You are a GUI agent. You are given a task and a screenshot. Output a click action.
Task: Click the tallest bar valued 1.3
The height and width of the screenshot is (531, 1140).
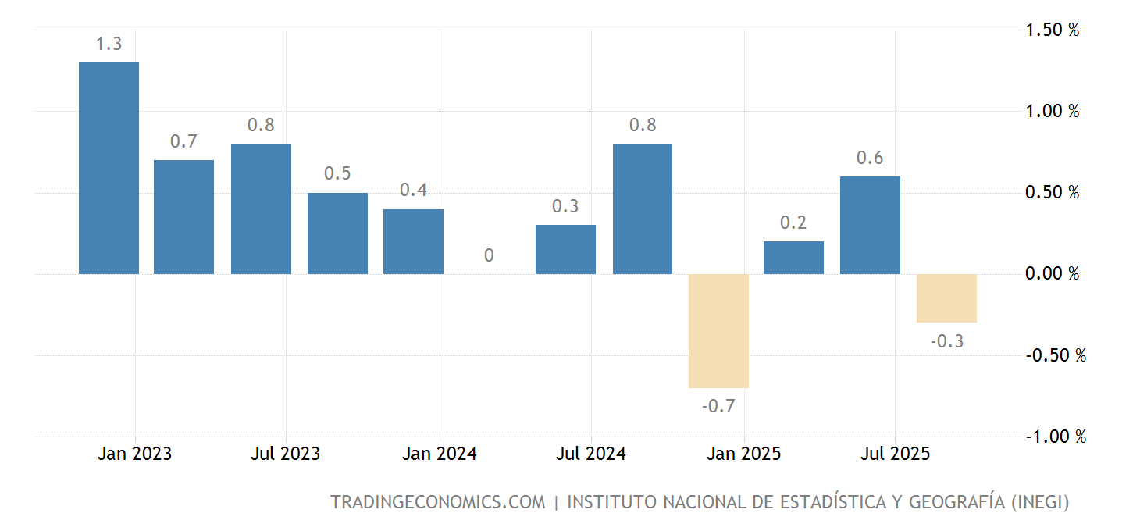click(109, 168)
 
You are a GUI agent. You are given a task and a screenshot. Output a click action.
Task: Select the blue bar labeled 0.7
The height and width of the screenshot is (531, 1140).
click(183, 217)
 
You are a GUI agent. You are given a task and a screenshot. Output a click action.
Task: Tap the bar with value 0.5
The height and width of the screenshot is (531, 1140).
click(337, 233)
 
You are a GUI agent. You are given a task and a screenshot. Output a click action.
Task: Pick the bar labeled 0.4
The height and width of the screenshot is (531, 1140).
click(413, 241)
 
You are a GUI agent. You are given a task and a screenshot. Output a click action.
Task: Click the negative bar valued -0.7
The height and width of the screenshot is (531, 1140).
click(718, 331)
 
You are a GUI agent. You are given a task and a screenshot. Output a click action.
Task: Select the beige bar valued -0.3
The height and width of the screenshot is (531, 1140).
click(946, 298)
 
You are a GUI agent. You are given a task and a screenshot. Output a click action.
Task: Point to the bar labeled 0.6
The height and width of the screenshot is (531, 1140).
click(870, 225)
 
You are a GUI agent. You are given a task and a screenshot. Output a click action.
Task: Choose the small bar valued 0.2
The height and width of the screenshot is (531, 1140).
click(793, 258)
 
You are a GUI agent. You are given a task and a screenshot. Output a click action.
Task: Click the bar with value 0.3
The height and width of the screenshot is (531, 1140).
click(565, 249)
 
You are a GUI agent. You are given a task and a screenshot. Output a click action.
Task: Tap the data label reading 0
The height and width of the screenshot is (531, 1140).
click(489, 255)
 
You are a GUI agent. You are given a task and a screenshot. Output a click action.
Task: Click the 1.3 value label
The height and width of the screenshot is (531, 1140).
click(109, 45)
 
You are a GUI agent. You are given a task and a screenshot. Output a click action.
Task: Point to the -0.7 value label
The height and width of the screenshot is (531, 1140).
click(718, 406)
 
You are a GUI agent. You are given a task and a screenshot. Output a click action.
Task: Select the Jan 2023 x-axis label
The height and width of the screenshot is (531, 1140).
click(134, 454)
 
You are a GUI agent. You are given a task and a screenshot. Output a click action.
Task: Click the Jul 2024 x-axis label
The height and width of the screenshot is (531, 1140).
click(591, 454)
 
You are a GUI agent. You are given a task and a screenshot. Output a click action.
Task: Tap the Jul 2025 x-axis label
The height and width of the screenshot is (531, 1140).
click(895, 454)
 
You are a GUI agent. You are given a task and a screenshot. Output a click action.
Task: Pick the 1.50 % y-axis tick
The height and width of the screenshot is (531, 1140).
click(1052, 30)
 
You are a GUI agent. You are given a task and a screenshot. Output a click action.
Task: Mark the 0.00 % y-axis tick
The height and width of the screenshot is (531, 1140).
click(1052, 273)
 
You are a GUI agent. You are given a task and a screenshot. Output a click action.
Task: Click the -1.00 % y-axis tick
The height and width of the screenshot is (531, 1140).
click(1055, 437)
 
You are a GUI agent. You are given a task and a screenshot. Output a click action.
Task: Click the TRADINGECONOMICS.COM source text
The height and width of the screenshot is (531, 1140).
click(437, 502)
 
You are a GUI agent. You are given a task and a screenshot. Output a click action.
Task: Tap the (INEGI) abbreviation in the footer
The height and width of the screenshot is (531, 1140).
click(1040, 502)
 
